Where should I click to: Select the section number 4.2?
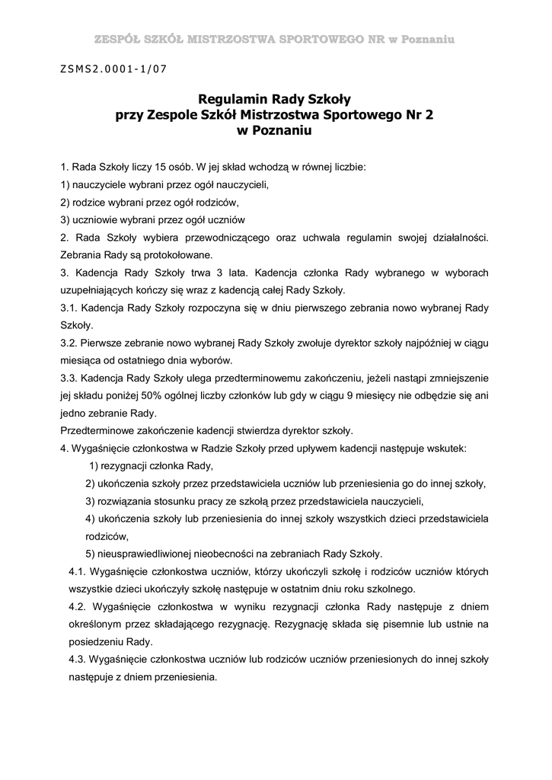(x=78, y=606)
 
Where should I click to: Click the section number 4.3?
(x=78, y=659)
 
